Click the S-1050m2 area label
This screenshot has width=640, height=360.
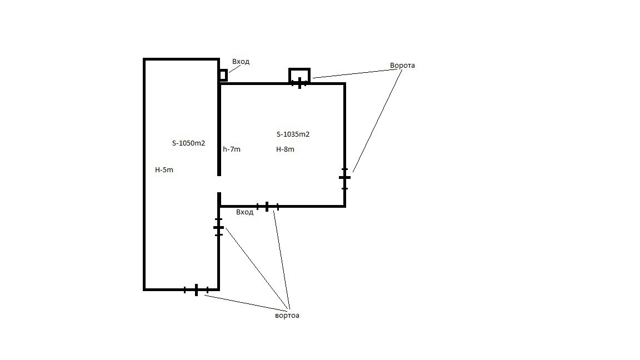[x=188, y=143]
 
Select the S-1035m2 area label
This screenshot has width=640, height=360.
[x=293, y=134]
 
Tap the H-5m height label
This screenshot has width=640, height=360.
[x=164, y=170]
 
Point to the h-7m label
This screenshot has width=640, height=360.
[x=232, y=149]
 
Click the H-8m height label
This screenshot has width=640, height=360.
[x=286, y=149]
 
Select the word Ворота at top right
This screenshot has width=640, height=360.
[x=402, y=66]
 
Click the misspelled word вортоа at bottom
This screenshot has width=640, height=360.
[x=287, y=316]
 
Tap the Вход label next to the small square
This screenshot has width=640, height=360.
[x=241, y=62]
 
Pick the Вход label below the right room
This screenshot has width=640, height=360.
[x=245, y=212]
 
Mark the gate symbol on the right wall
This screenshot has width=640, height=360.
[x=344, y=178]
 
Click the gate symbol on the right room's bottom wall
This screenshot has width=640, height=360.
[x=267, y=207]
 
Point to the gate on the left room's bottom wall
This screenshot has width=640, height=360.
[x=196, y=290]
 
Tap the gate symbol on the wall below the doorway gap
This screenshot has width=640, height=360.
[x=219, y=227]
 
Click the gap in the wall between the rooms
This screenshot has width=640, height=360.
[x=219, y=184]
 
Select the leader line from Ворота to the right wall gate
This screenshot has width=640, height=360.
[x=378, y=121]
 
